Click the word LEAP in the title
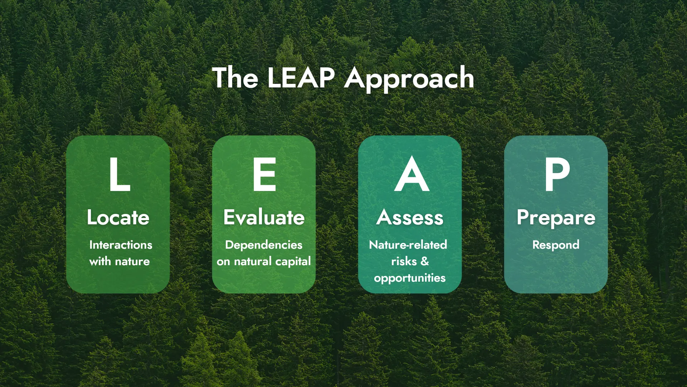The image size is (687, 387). click(x=301, y=78)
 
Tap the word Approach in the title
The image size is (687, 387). click(x=409, y=78)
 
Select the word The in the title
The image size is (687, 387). click(x=235, y=78)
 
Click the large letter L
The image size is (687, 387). click(x=120, y=175)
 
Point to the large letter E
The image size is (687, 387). click(x=264, y=175)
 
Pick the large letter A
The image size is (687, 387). click(x=411, y=175)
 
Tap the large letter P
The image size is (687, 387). click(x=557, y=175)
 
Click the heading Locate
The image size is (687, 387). click(x=118, y=218)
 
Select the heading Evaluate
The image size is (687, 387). click(x=264, y=218)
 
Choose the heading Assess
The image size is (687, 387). click(x=410, y=218)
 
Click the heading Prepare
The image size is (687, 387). click(x=556, y=218)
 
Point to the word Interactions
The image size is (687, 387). click(x=121, y=245)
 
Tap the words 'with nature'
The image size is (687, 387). click(x=120, y=261)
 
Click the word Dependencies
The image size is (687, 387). click(x=264, y=245)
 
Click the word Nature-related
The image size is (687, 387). click(x=408, y=245)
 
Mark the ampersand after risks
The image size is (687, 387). click(x=425, y=261)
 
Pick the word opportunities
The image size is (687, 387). click(x=410, y=278)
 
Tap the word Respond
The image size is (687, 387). click(x=556, y=245)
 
